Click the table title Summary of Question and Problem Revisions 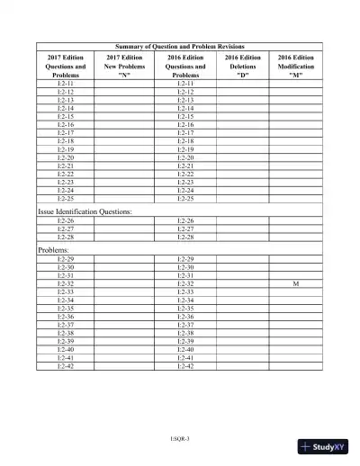tap(180, 45)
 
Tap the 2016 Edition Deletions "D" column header tap(240, 66)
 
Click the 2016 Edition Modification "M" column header tap(296, 66)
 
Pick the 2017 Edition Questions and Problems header tap(65, 66)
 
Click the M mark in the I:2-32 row tap(296, 283)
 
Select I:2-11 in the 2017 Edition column tap(65, 83)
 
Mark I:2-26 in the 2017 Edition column tap(65, 220)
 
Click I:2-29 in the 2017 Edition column tap(65, 259)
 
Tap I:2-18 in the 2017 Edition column tap(65, 140)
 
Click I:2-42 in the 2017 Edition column tap(65, 366)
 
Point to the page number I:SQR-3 tap(180, 438)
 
